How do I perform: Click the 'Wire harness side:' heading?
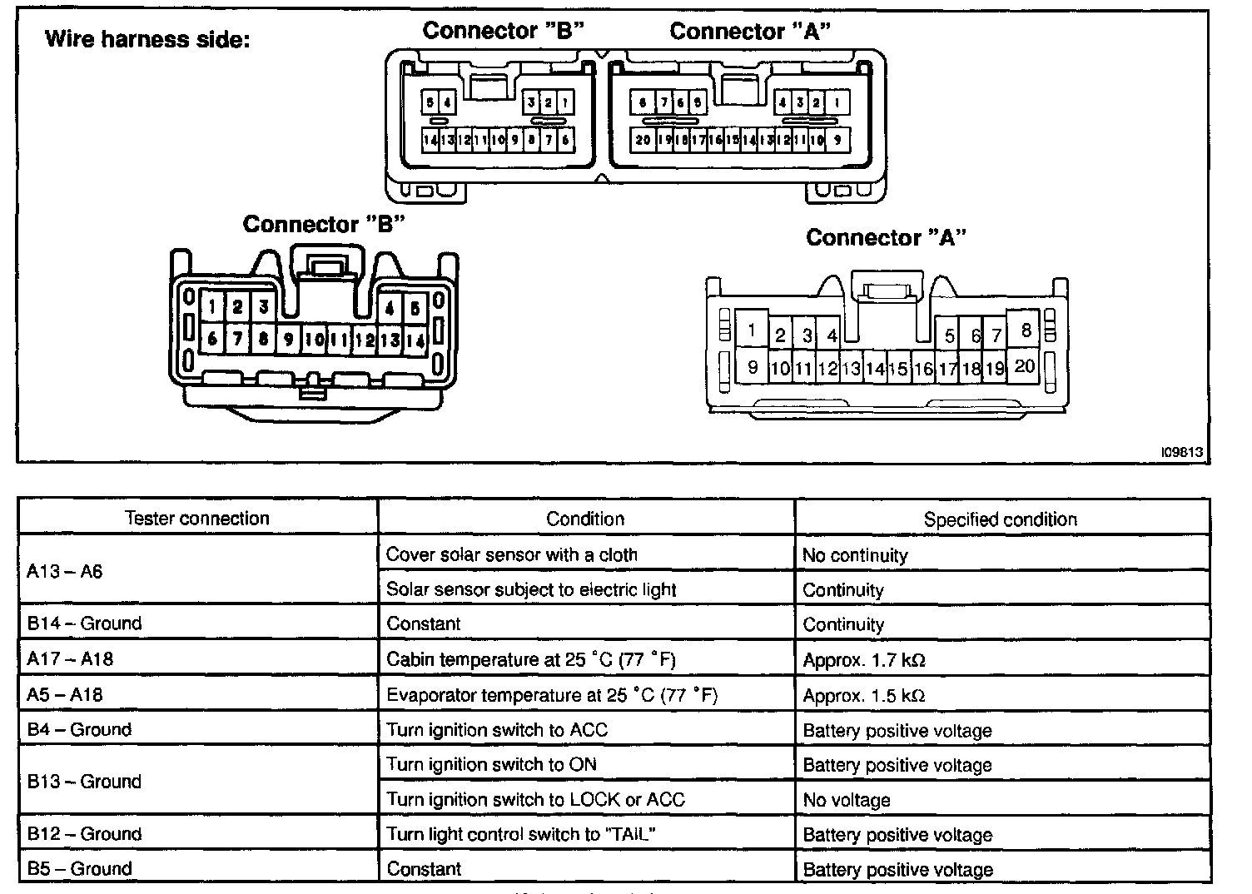click(147, 39)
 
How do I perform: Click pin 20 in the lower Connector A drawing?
click(1025, 366)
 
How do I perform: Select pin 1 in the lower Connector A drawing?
click(752, 330)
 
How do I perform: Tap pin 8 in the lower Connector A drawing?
click(1026, 330)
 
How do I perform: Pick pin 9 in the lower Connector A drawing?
click(753, 367)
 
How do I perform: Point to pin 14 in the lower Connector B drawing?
click(415, 340)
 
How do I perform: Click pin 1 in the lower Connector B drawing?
click(212, 307)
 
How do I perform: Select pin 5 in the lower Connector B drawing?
click(415, 307)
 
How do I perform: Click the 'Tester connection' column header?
click(197, 518)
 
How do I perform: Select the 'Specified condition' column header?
click(1000, 519)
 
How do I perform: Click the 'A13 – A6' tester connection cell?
click(65, 572)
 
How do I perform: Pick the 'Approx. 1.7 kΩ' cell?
click(864, 660)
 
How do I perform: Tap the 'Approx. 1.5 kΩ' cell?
click(864, 695)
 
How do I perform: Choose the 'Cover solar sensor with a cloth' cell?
click(511, 554)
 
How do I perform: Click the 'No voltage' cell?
click(847, 800)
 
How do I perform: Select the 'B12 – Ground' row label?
click(84, 834)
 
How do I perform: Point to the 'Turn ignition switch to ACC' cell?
click(497, 730)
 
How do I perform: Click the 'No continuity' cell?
click(855, 555)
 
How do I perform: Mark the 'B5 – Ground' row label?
click(80, 869)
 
